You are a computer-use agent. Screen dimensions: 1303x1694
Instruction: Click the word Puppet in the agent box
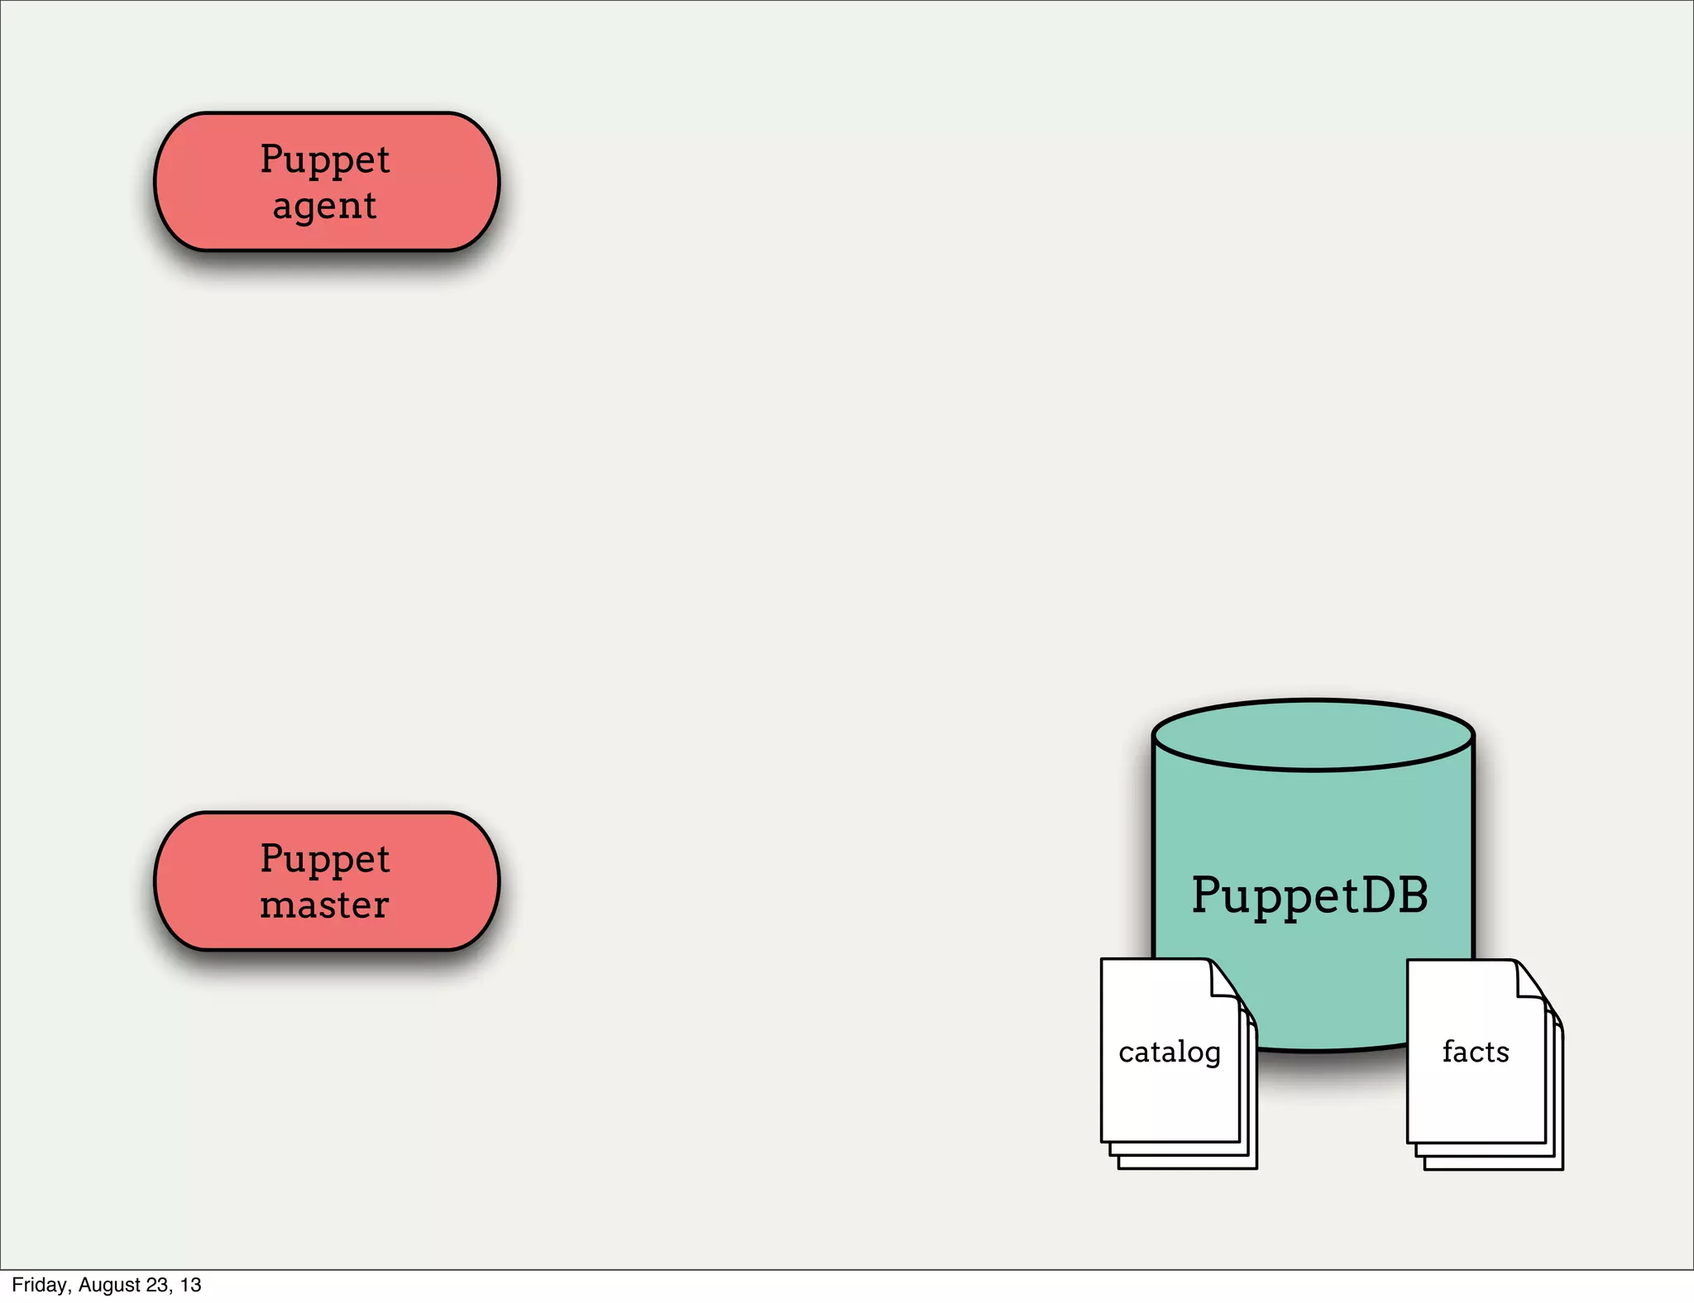[324, 159]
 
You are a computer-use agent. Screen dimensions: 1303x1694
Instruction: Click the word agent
[324, 206]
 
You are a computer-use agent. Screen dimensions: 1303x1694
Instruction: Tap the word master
[324, 905]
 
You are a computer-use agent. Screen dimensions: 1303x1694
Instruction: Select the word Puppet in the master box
[324, 858]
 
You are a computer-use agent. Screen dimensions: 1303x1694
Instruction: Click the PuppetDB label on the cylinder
[1309, 895]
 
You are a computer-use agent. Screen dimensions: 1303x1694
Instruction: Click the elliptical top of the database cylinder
[1313, 735]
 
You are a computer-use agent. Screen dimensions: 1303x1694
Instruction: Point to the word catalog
[1169, 1052]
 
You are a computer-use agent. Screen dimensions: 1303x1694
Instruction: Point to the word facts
[1476, 1052]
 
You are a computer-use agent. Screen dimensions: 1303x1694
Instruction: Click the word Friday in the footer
[39, 1285]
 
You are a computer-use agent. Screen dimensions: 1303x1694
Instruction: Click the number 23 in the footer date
[158, 1285]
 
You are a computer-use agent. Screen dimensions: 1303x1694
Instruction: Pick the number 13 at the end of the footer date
[191, 1285]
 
